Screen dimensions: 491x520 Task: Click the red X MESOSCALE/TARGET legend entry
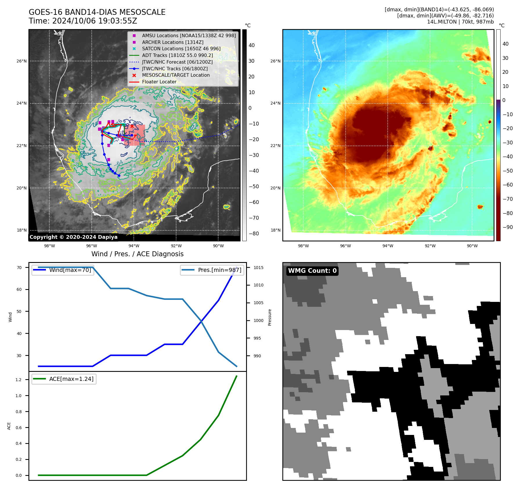tap(176, 75)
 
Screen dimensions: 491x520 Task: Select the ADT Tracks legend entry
tap(177, 55)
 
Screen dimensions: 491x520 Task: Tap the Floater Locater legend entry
tap(159, 82)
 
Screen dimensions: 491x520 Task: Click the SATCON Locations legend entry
tap(181, 49)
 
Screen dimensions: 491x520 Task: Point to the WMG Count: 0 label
tap(312, 271)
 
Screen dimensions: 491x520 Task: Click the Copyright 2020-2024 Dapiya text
tap(73, 237)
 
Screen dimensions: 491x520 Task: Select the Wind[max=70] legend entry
tap(70, 270)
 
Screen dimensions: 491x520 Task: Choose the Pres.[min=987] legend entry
tap(219, 270)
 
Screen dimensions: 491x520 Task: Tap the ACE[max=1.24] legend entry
tap(71, 379)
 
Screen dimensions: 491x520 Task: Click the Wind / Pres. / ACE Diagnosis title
tap(138, 254)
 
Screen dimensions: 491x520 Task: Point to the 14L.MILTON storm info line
tap(460, 22)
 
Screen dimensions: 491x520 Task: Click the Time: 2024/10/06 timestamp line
tap(83, 21)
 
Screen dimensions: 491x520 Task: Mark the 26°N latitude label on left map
tap(21, 61)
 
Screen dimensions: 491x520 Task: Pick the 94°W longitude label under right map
tap(388, 246)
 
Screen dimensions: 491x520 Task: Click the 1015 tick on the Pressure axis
tap(258, 268)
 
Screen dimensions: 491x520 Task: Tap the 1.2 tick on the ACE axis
tap(19, 380)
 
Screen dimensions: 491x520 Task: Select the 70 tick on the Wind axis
tap(19, 268)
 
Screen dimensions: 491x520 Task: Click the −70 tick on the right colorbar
tap(508, 199)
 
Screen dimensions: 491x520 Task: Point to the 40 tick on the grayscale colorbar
tap(252, 45)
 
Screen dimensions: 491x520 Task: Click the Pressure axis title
tap(270, 317)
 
